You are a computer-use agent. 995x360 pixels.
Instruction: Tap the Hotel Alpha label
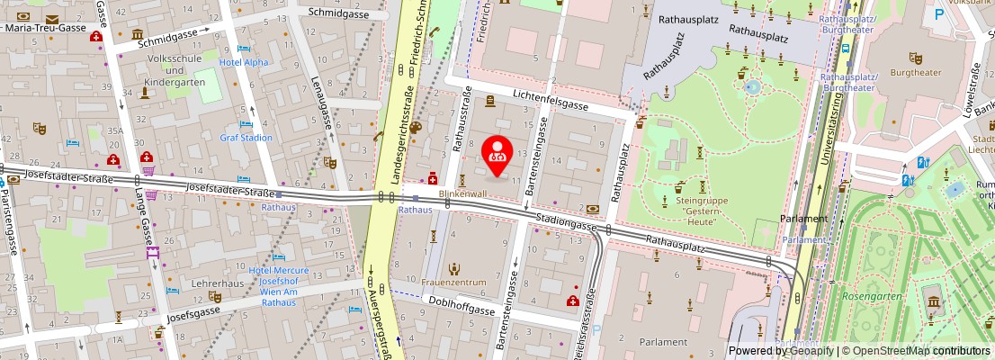click(244, 63)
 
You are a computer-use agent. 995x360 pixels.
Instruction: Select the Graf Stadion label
click(246, 138)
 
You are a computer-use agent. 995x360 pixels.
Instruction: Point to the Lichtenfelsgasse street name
click(551, 104)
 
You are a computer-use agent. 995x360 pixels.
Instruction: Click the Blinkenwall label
click(462, 193)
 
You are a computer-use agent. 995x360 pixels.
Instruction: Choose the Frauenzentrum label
click(453, 282)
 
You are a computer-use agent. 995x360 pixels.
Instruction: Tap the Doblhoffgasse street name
click(462, 305)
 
